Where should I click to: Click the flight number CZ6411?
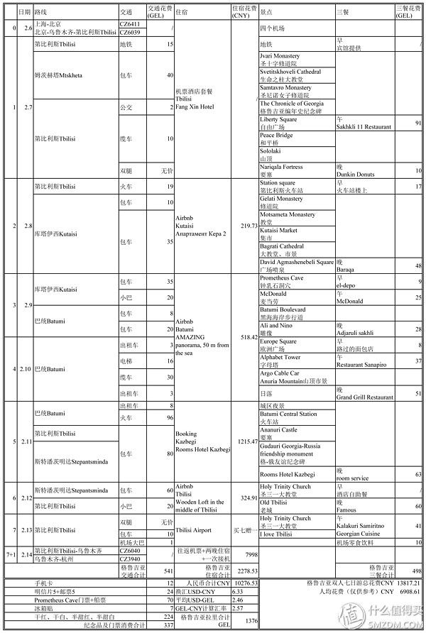(129, 24)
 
